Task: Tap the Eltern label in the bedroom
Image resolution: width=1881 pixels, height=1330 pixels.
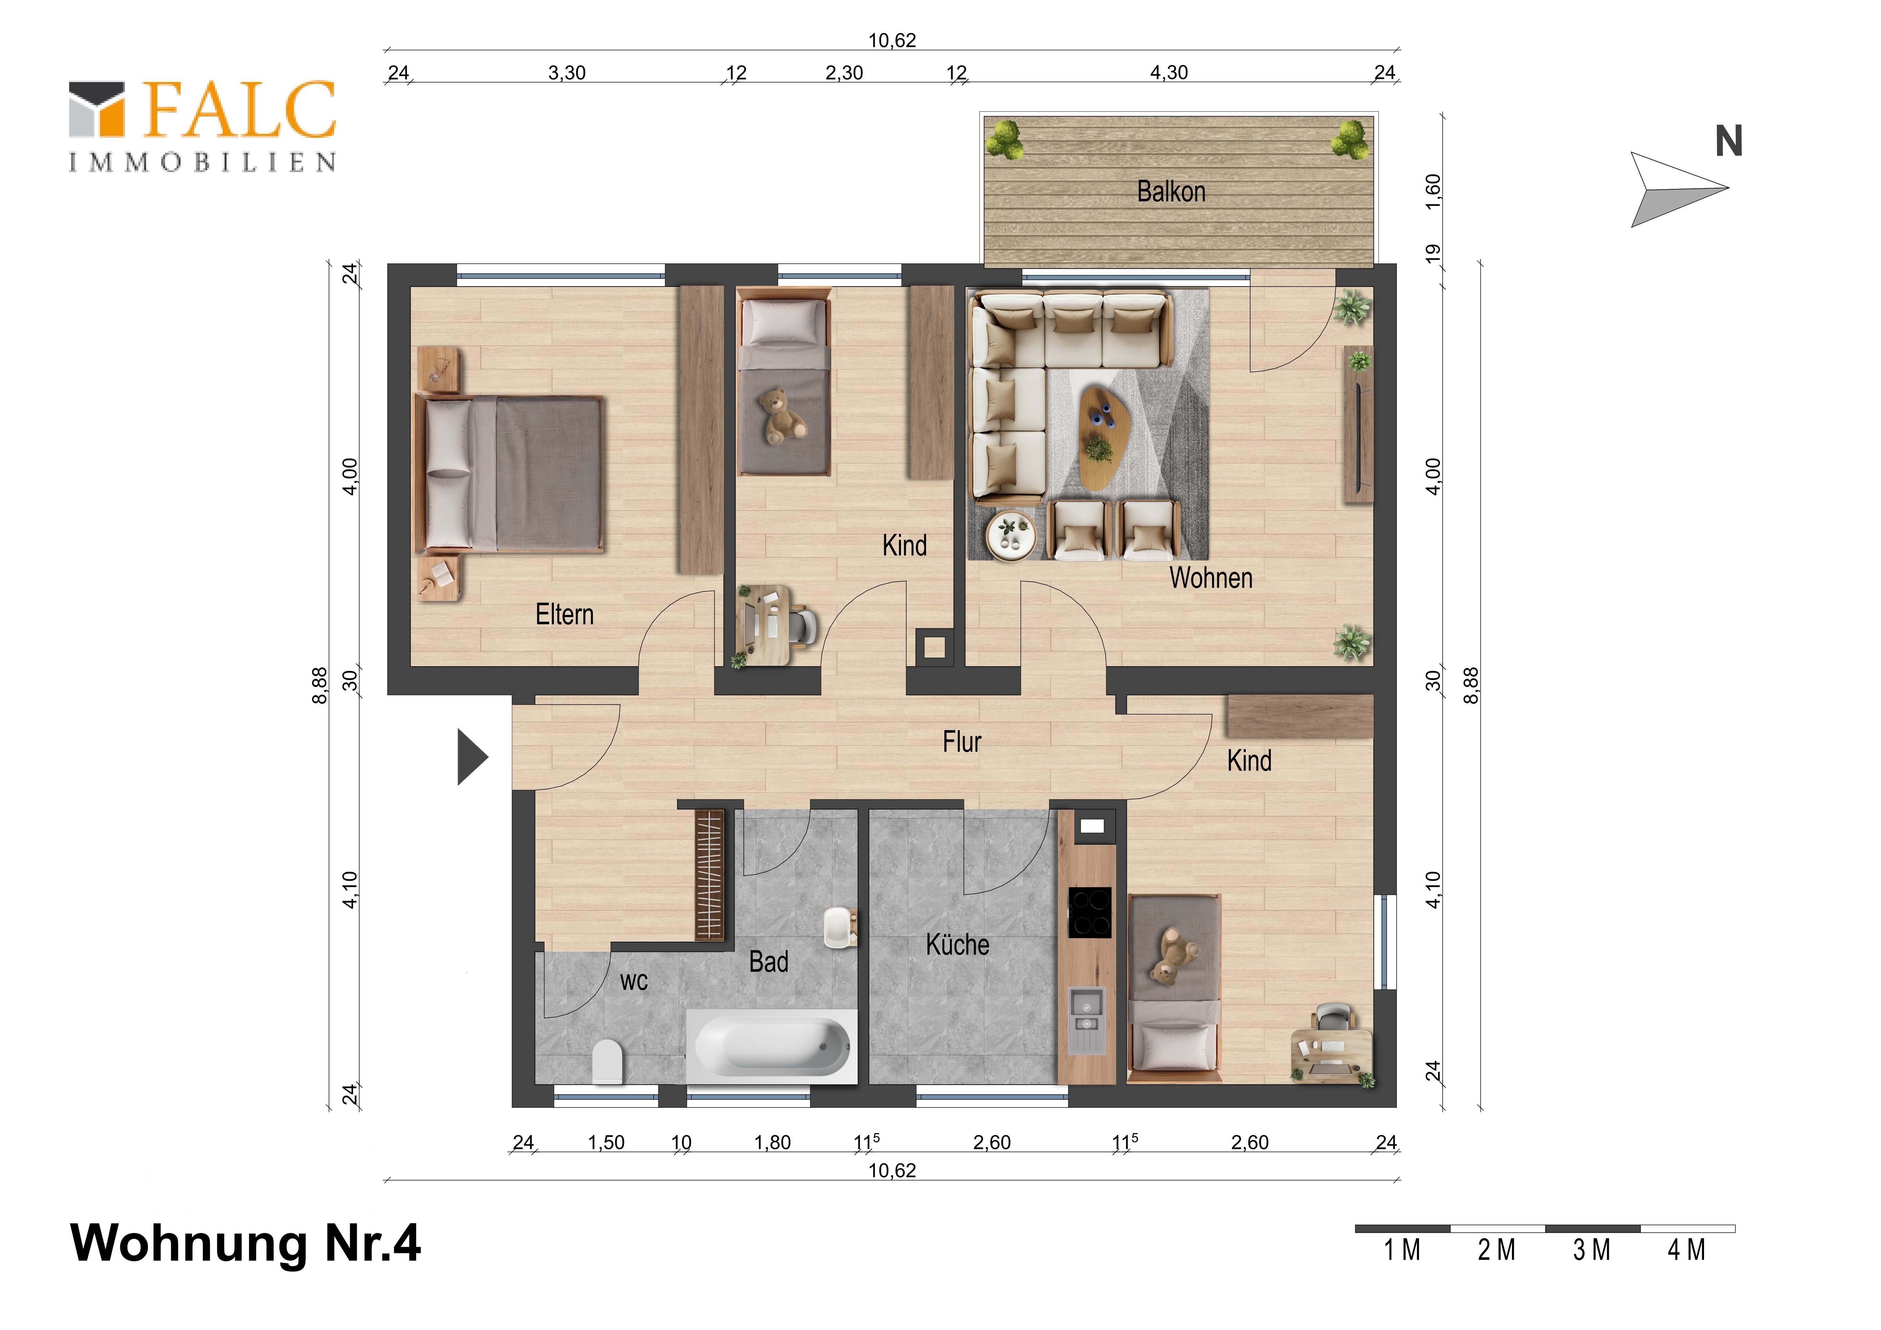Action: click(x=564, y=615)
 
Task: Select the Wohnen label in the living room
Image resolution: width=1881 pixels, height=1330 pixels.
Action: click(x=1211, y=578)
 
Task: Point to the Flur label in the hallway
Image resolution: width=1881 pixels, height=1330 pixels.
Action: click(x=962, y=742)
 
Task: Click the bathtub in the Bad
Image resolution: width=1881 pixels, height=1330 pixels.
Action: click(x=772, y=1046)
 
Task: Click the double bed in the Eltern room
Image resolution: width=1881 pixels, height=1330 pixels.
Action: click(x=510, y=474)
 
